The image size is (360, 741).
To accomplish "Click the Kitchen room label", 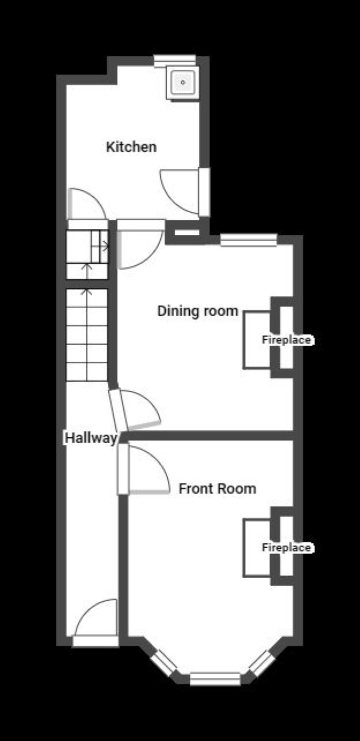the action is [x=131, y=147].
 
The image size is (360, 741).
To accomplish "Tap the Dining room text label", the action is [x=198, y=311].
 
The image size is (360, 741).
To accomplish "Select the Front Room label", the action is [x=218, y=488].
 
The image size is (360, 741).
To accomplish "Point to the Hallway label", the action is [x=91, y=438].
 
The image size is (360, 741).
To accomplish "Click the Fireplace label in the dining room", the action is [x=286, y=340].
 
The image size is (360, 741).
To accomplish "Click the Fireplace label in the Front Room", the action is [x=286, y=548].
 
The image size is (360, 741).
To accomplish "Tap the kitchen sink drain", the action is [x=183, y=82].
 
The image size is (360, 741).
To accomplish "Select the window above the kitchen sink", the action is [x=175, y=61].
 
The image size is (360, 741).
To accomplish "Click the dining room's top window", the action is [x=248, y=240].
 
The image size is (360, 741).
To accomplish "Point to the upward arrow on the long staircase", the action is [x=87, y=334].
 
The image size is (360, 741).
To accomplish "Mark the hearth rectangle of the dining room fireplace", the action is [x=257, y=340].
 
